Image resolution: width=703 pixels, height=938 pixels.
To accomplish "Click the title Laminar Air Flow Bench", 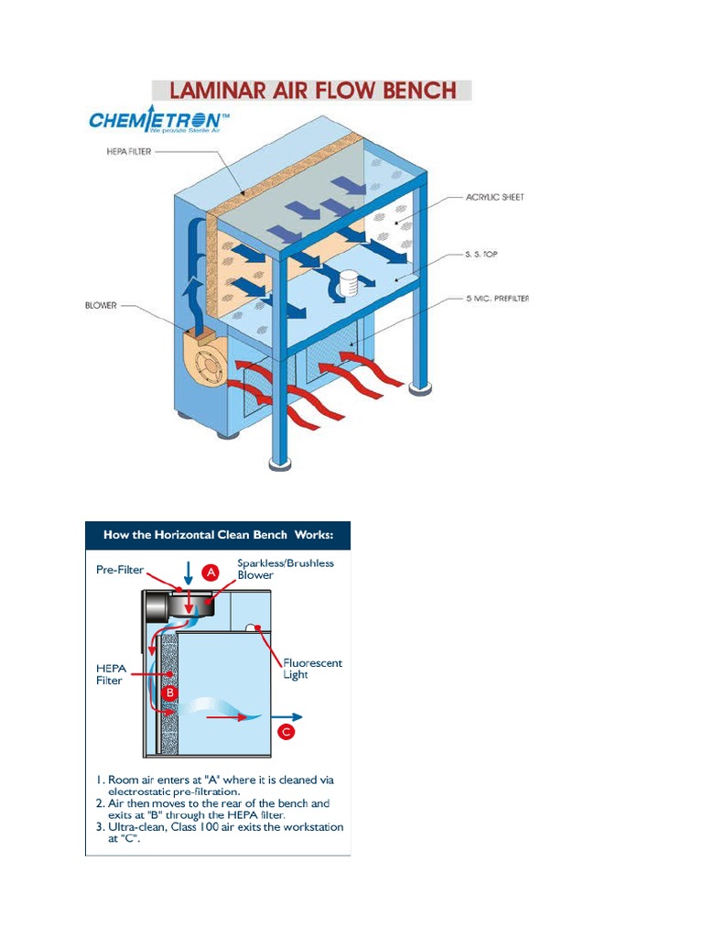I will click(311, 90).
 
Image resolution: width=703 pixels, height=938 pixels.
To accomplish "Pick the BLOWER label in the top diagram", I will click(102, 305).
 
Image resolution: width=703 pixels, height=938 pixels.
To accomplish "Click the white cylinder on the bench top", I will click(347, 283).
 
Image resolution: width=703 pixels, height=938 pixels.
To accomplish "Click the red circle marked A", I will click(210, 573).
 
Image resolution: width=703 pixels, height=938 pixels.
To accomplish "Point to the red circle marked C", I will click(287, 732).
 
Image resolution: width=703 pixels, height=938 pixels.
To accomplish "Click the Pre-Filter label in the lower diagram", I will click(120, 569).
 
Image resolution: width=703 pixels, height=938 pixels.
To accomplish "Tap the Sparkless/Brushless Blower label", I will click(286, 569).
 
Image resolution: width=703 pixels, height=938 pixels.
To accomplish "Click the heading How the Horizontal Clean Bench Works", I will click(218, 535).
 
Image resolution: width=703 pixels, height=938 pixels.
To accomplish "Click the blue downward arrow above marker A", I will click(188, 573).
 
